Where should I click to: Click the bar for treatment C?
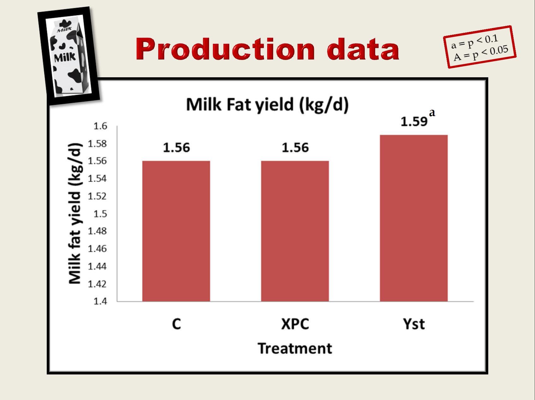(x=176, y=231)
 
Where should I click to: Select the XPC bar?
(x=295, y=231)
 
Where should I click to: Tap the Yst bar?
(x=414, y=218)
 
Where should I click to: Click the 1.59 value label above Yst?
(x=414, y=121)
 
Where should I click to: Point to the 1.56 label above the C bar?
(x=176, y=148)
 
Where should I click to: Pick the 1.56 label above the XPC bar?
(x=295, y=148)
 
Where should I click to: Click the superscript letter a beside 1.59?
(x=432, y=113)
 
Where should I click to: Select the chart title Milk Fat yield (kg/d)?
(x=267, y=105)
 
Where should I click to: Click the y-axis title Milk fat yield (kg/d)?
(x=75, y=213)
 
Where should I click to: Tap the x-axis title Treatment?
(x=295, y=348)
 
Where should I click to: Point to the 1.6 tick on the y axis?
(x=100, y=126)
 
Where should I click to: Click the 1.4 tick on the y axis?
(x=100, y=301)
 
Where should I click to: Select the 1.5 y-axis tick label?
(x=100, y=214)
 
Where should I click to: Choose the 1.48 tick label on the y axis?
(x=97, y=231)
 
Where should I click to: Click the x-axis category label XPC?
(x=295, y=324)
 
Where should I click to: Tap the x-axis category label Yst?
(x=414, y=324)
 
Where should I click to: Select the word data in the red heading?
(x=363, y=49)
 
